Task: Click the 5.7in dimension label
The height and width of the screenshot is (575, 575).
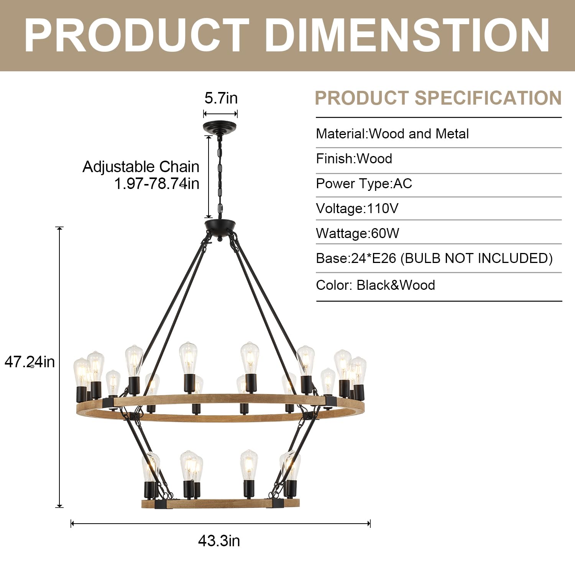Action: [x=221, y=98]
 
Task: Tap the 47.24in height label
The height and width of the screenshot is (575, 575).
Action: [x=30, y=362]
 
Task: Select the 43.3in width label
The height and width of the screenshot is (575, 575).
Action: [x=219, y=541]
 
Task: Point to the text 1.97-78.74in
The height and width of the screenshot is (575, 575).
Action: [x=157, y=184]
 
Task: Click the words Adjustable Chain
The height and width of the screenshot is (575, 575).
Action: [x=141, y=167]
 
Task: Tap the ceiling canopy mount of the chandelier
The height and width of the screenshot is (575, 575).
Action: [x=220, y=127]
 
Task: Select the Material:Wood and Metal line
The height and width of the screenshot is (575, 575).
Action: [x=392, y=134]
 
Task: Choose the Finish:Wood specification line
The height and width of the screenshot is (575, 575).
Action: [x=354, y=159]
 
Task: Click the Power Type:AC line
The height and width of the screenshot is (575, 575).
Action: [x=364, y=184]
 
